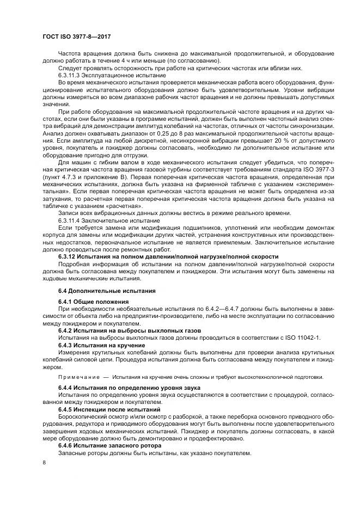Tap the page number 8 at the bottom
click(44, 462)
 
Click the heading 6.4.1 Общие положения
click(94, 301)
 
